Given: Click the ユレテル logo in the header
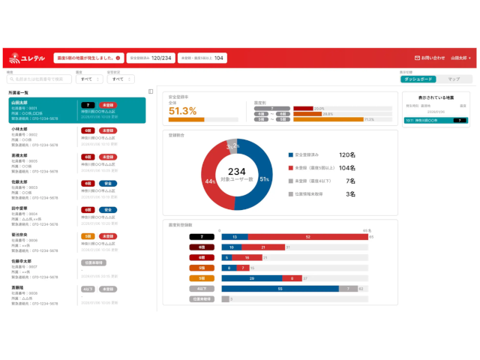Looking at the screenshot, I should click(x=25, y=58).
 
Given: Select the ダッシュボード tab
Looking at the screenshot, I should click(x=417, y=79).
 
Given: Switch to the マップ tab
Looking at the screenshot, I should click(x=454, y=79).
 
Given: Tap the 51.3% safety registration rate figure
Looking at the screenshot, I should click(x=183, y=110).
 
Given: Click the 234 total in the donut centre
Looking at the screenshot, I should click(x=237, y=171).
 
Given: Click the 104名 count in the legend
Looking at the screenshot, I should click(x=346, y=168).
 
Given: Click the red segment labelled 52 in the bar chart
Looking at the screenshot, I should click(x=307, y=237).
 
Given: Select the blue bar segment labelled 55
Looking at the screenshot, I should click(x=280, y=288).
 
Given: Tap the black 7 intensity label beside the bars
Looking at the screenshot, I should click(x=202, y=237).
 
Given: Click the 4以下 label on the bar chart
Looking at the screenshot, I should click(x=202, y=288).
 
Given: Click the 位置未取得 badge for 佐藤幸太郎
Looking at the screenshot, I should click(x=94, y=262).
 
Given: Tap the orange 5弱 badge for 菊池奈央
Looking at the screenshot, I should click(x=87, y=236).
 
